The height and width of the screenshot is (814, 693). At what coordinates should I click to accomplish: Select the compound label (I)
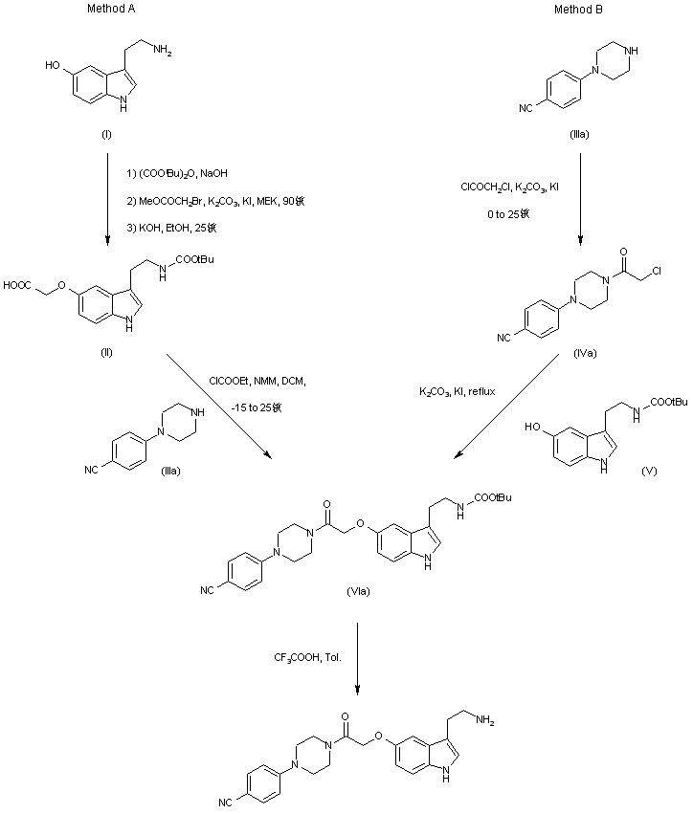click(106, 135)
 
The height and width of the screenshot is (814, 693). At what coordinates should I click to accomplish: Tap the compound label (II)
click(106, 353)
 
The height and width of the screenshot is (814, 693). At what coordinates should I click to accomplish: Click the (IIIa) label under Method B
click(579, 135)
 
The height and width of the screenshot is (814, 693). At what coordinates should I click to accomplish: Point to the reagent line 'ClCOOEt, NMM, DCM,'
click(255, 381)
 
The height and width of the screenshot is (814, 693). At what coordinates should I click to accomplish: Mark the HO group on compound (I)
click(53, 68)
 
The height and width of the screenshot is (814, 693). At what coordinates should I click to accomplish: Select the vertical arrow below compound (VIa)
click(358, 658)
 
